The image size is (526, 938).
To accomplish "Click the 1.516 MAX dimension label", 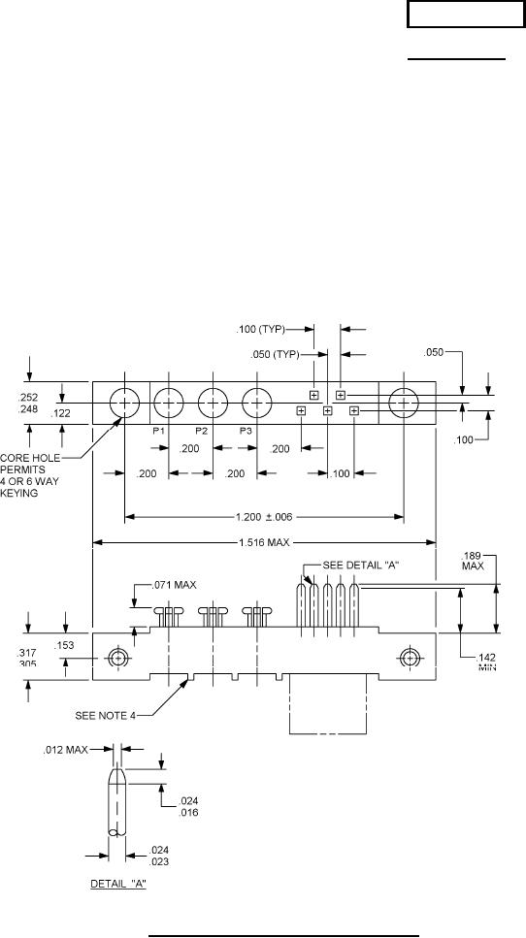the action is click(264, 542).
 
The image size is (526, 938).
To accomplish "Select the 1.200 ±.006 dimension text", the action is click(266, 517).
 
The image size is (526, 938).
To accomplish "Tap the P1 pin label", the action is click(158, 431).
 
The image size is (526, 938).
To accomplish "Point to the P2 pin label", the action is click(202, 431).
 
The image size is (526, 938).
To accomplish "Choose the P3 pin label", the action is click(247, 431).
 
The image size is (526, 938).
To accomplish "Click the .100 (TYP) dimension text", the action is click(261, 329).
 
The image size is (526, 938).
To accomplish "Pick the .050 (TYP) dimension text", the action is click(275, 354).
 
